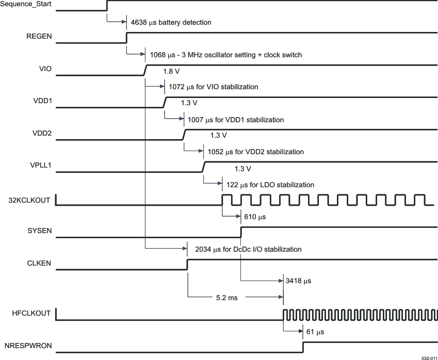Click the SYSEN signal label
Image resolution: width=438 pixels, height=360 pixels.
point(40,231)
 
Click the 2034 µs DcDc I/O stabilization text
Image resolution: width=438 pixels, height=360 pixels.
point(248,249)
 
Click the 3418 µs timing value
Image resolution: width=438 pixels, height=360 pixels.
point(298,281)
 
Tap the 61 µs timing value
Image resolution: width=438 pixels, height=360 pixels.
point(315,332)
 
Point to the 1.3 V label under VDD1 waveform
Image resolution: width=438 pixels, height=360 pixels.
point(189,103)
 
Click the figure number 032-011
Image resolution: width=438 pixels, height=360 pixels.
point(429,357)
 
